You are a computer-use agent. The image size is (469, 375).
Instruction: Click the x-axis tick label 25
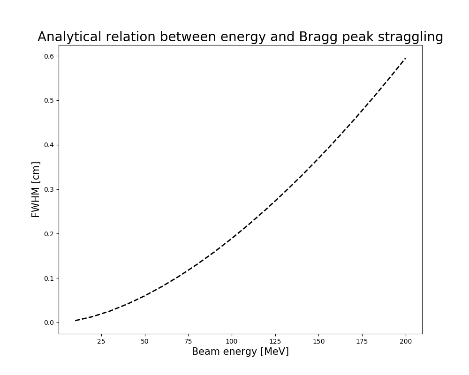(101, 342)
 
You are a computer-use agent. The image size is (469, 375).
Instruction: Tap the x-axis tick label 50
(145, 342)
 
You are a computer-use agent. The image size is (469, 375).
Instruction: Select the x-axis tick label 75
(188, 342)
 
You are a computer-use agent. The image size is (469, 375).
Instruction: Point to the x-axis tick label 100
(232, 342)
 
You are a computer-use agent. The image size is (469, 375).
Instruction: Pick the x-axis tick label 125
(275, 342)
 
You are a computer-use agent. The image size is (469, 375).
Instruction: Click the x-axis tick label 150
(319, 342)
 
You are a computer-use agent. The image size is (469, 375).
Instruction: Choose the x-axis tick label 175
(362, 342)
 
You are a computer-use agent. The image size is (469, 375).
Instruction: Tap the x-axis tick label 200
(406, 342)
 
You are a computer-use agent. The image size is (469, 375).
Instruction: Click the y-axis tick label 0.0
(49, 323)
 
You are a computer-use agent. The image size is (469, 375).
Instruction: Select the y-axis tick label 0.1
(49, 278)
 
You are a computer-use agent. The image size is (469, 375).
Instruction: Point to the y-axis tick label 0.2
(49, 234)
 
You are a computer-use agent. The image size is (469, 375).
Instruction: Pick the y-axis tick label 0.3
(49, 189)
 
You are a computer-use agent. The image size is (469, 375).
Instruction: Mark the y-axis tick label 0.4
(49, 145)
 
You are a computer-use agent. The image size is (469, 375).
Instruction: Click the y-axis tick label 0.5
(49, 100)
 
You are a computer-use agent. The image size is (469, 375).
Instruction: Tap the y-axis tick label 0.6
(49, 56)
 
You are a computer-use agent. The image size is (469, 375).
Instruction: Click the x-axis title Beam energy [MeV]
(240, 352)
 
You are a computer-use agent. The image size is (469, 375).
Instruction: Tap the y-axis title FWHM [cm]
(36, 189)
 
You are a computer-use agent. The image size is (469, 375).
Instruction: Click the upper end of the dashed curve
(406, 58)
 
